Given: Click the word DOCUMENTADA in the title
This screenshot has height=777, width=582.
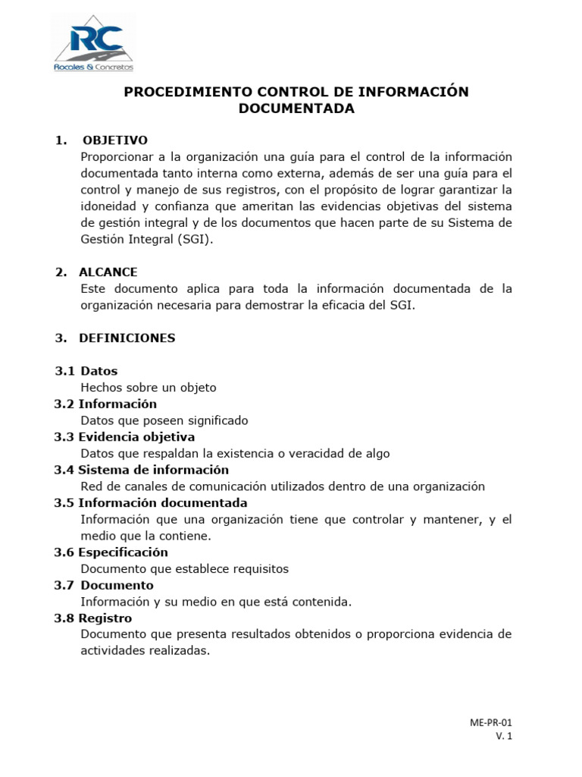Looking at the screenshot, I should coord(296,109).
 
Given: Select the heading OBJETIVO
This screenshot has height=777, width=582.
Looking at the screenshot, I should coord(114,140).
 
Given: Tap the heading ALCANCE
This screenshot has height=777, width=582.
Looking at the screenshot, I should coord(108,272).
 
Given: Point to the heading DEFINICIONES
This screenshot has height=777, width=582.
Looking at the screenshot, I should coord(127,338).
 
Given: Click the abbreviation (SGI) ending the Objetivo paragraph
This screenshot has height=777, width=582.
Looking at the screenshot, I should coord(196,239).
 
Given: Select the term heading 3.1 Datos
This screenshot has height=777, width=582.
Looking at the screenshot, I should coord(86,371).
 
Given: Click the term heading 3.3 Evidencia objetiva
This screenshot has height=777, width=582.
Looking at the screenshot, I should coord(124,437).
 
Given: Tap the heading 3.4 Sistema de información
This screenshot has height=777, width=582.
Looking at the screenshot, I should coord(141,470).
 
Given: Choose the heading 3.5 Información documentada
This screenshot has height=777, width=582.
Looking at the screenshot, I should coord(151,502).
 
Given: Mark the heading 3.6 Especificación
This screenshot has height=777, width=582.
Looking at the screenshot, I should coord(111,552).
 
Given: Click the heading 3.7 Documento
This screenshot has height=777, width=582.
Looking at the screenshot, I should coord(104,585).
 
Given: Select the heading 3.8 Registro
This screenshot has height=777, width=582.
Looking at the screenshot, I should coord(93,618).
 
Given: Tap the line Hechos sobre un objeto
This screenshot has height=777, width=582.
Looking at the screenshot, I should coord(148,388).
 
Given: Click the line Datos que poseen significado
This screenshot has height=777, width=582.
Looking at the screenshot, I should coord(164,420).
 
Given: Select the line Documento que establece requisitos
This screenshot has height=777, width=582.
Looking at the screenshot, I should coord(184,568).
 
